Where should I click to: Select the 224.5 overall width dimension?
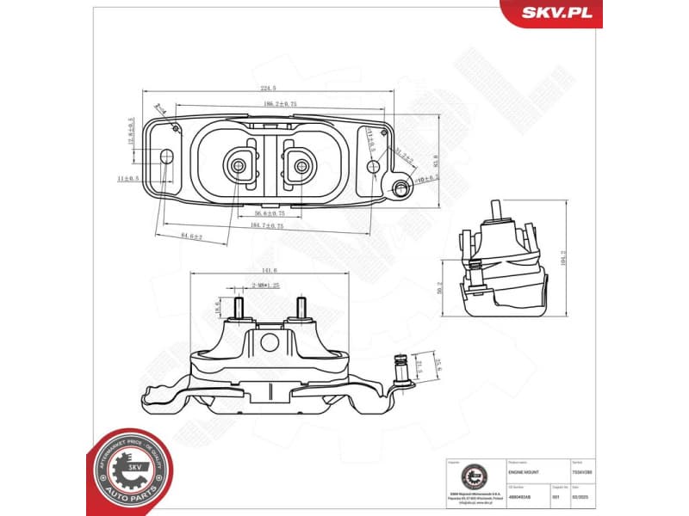click(x=270, y=87)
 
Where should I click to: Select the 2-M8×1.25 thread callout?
click(x=267, y=284)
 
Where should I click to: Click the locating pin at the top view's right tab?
click(x=399, y=187)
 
